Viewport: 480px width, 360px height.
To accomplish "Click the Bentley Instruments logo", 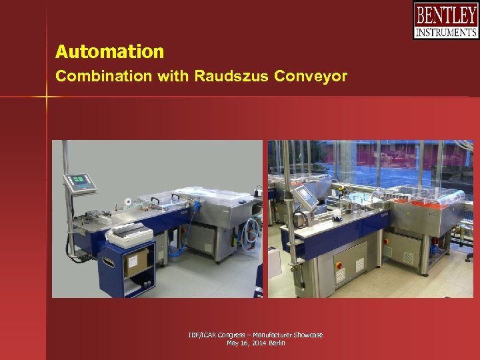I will (x=445, y=21).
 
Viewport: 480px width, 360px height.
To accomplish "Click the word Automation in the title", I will (x=109, y=52).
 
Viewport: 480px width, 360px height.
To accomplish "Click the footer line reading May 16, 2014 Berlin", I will (x=256, y=343).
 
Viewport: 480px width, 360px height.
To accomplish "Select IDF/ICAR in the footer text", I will (x=201, y=335).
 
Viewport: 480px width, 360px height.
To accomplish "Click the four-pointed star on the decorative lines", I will (x=47, y=97).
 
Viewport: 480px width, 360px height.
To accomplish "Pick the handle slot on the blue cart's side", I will (x=109, y=263).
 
